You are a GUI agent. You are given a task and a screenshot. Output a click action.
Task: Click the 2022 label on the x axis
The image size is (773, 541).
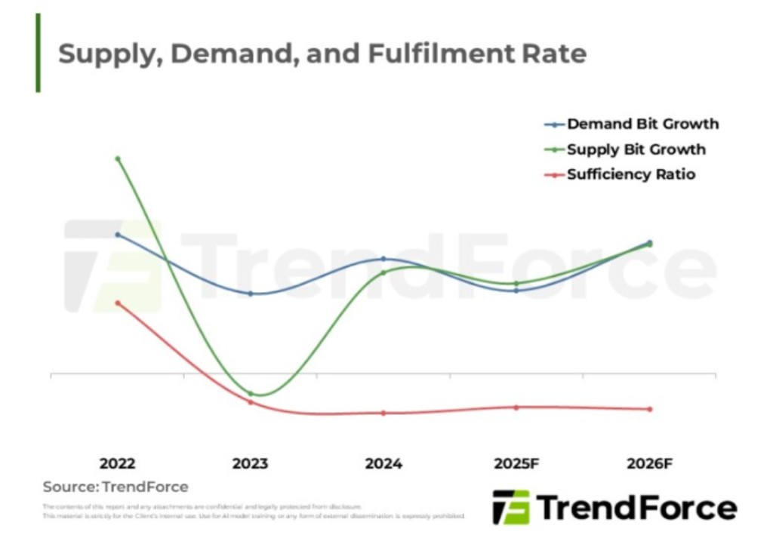tap(118, 464)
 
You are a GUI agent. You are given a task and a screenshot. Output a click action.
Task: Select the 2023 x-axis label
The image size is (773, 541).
tap(250, 464)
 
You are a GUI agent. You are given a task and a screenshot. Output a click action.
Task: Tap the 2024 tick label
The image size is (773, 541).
tap(383, 464)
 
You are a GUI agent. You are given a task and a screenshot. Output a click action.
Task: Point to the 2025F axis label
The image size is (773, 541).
tap(516, 464)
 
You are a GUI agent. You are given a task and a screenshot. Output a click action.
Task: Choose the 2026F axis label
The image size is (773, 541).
tap(649, 464)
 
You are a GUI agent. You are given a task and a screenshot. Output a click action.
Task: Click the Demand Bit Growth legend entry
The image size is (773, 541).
tap(642, 124)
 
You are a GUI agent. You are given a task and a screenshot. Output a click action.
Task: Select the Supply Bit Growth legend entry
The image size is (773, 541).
tap(636, 149)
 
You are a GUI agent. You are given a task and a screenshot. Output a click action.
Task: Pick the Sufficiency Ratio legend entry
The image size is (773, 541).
tap(631, 175)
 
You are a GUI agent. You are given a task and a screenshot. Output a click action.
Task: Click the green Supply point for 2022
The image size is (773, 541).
tap(118, 158)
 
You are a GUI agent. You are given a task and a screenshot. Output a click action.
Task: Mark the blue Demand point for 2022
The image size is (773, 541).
tap(118, 235)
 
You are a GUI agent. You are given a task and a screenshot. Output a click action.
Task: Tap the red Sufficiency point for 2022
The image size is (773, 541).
tap(118, 303)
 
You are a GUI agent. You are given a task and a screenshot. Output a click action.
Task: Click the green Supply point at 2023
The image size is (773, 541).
tap(251, 393)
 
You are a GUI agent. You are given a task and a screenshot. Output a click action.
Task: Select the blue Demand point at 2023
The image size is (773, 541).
tap(251, 294)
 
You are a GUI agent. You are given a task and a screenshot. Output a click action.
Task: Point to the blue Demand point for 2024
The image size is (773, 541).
tap(383, 259)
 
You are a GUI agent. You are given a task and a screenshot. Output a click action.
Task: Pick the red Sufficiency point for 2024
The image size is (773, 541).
tap(383, 413)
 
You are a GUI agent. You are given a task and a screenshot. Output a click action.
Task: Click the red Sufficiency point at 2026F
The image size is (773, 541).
tap(649, 409)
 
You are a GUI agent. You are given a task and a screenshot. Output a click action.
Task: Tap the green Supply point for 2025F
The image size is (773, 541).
tap(516, 284)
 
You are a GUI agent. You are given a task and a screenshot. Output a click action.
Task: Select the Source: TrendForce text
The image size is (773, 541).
tap(115, 487)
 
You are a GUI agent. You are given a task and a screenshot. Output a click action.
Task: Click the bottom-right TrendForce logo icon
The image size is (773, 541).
tap(511, 507)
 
